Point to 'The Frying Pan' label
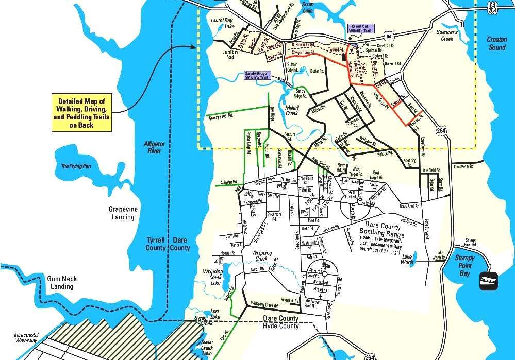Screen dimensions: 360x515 point(76,166)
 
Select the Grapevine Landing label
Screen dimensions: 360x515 point(122,213)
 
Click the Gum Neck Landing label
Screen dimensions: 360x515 point(62,282)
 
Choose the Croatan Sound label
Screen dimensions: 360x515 point(497,44)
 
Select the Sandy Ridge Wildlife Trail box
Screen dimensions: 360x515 point(261,75)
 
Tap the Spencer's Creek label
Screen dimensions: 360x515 point(447,35)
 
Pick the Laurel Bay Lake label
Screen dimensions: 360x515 point(223,24)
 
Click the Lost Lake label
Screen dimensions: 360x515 point(214,314)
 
